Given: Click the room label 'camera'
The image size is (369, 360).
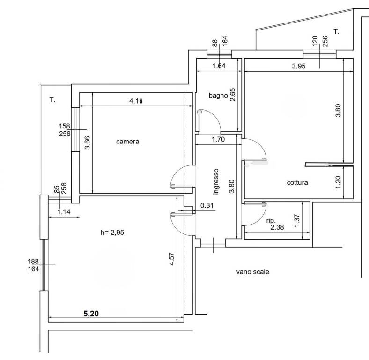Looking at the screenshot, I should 127,142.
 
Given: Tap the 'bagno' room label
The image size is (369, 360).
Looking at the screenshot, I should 218,95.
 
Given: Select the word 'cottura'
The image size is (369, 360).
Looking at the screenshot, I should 297,182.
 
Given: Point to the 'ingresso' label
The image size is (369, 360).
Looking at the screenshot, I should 216,181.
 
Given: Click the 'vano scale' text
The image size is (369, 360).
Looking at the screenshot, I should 253,271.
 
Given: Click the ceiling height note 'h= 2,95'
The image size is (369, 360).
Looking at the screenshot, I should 113,232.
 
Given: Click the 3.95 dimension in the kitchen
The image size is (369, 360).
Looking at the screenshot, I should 299,67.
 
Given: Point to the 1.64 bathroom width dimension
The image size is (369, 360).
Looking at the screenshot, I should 219,67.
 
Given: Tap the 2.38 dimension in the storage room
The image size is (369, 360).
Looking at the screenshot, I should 280,228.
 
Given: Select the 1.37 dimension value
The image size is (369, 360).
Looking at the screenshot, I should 296,220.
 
